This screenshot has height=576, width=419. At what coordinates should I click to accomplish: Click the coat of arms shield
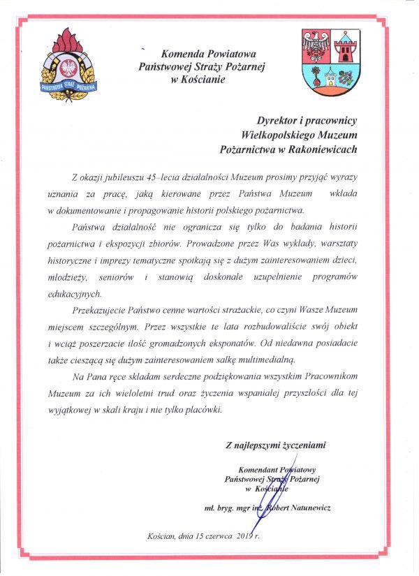click(x=330, y=62)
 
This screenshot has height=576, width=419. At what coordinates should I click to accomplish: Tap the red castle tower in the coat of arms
click(x=345, y=47)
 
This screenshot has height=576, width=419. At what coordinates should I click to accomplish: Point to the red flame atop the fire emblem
click(x=68, y=40)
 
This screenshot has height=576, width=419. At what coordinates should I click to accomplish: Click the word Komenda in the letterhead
click(x=179, y=53)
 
